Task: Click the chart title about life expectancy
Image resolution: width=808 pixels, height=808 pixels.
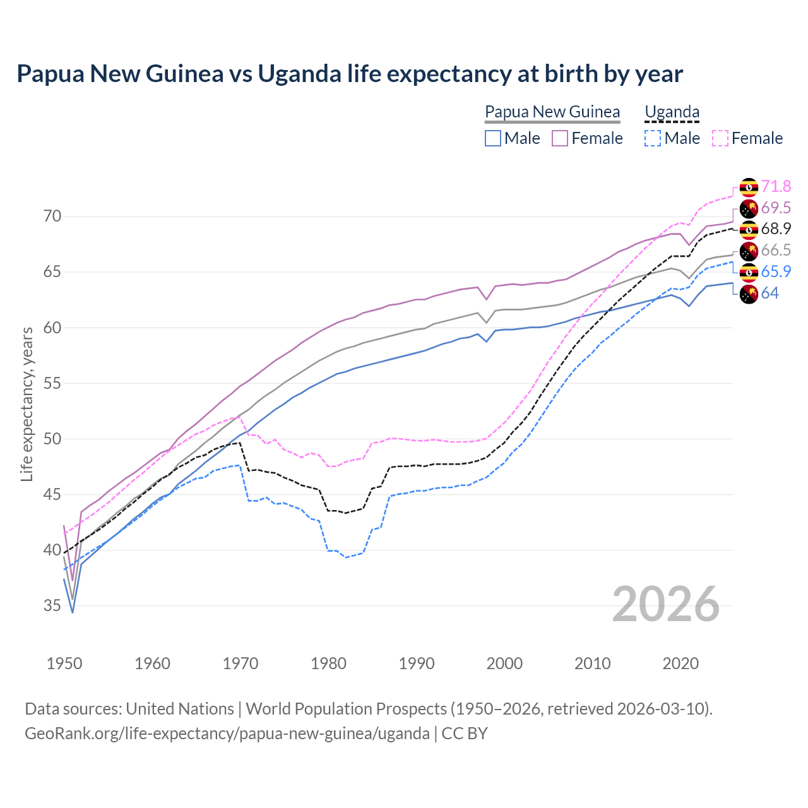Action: pos(349,74)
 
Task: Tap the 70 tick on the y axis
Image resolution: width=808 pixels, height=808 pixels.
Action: pos(52,217)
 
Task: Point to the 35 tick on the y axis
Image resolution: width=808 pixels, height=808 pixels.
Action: pos(52,606)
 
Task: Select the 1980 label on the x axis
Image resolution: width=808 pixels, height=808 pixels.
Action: pos(328,663)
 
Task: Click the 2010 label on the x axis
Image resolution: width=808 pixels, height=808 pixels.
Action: pos(592,663)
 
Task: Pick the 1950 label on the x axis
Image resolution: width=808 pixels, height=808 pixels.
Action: pos(64,663)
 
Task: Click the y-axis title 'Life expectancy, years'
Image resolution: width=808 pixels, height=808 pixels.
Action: pos(27,404)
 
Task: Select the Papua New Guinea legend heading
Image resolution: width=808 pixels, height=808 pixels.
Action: pos(552,112)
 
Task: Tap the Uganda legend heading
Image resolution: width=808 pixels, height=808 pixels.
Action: pos(672,112)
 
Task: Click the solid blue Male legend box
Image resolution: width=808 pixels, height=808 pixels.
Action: pos(493,138)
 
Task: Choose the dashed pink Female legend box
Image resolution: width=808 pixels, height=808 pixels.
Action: pos(720,138)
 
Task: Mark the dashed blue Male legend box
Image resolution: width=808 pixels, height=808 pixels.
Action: pos(653,138)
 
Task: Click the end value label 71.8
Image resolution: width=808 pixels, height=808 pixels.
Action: pos(776,186)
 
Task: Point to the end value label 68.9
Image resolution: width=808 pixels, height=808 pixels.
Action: pos(776,229)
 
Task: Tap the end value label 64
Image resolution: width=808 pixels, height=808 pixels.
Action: pos(769,293)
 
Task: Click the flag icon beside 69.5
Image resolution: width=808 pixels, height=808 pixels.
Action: pos(749,208)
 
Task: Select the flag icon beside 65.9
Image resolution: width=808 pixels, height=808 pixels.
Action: pos(749,272)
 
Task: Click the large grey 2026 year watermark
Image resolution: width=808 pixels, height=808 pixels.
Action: pos(665,604)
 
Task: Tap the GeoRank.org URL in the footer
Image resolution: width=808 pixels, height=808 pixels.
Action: pos(227,734)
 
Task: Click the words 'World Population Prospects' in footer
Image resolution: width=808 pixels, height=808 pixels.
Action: pos(346,709)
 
